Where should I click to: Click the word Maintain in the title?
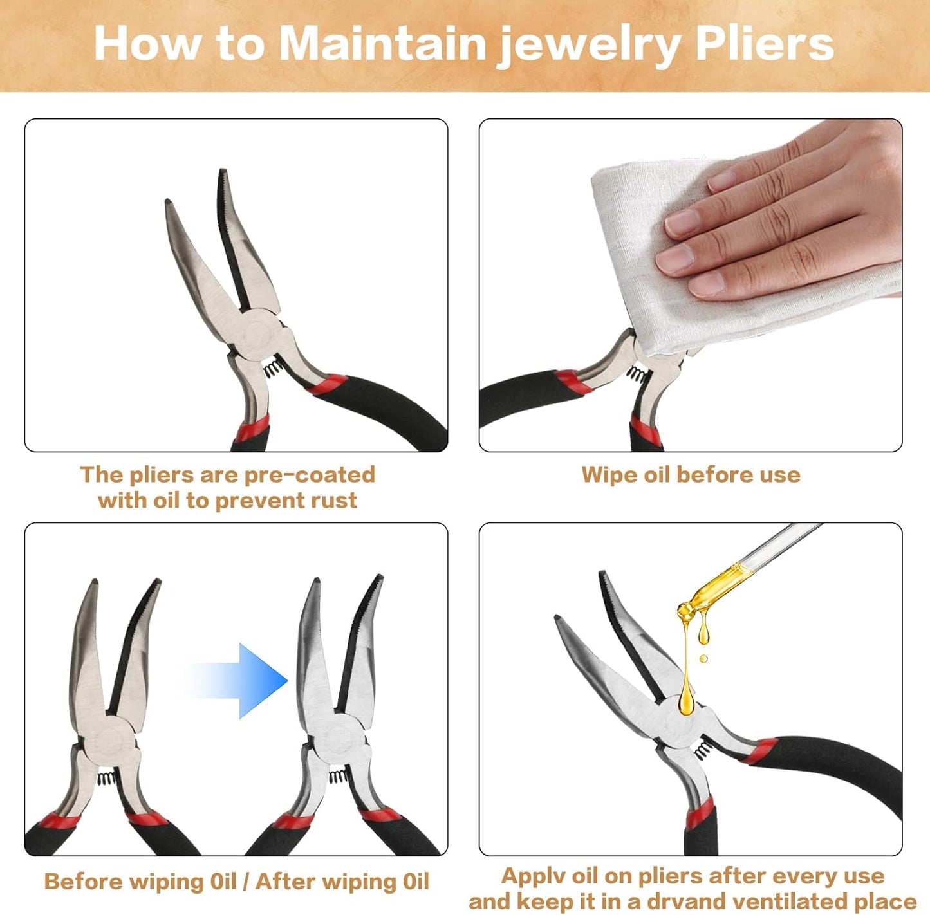pos(383,44)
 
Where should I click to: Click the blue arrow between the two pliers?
pos(236,681)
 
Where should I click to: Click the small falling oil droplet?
pos(703,659)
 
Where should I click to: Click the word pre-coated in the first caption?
pos(310,475)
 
